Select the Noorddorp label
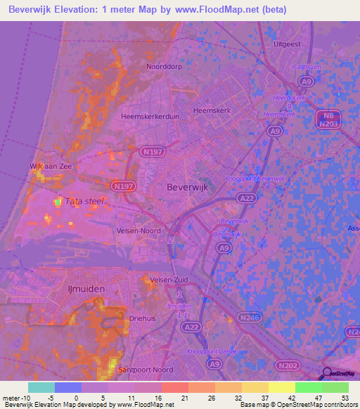(164, 67)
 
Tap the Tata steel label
(84, 201)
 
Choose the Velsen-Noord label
(139, 231)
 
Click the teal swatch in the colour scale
(41, 388)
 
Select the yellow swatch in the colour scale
(282, 388)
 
